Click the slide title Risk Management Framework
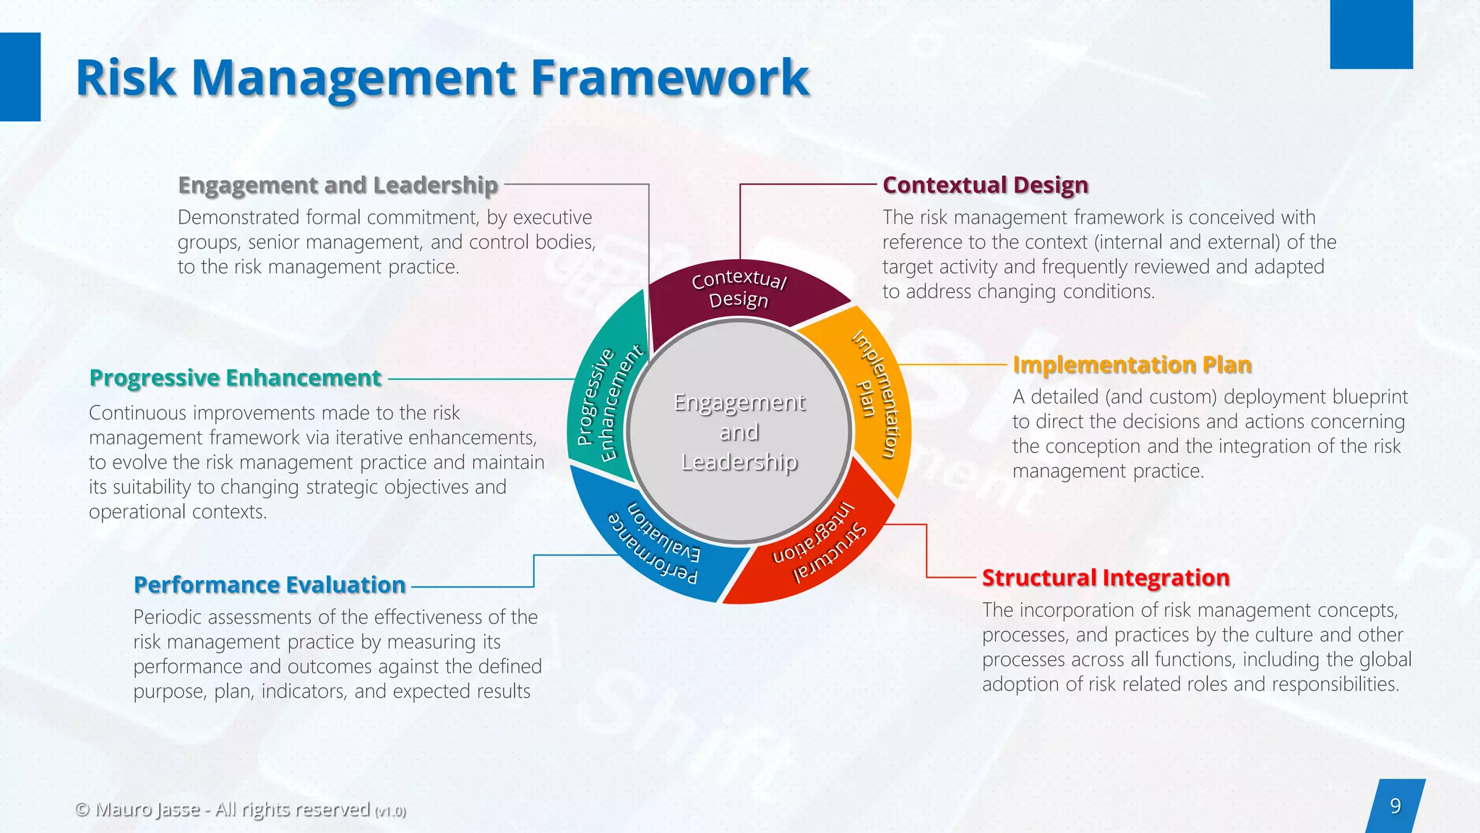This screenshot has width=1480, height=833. point(442,77)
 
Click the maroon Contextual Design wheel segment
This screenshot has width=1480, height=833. point(739,289)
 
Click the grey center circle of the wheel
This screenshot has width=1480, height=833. point(739,432)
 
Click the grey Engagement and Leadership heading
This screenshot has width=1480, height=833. point(337,185)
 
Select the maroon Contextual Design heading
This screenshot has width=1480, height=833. point(985,185)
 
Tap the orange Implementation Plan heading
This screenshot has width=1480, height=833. point(1132,364)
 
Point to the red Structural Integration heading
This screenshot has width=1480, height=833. point(1105,578)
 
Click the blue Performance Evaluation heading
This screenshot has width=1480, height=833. point(270,584)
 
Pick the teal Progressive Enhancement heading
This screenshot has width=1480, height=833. point(235,377)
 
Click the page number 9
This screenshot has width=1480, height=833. point(1395,806)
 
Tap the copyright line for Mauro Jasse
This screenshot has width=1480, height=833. point(240,809)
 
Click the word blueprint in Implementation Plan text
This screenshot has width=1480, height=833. point(1370,397)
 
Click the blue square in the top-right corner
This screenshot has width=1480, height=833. point(1371,34)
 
